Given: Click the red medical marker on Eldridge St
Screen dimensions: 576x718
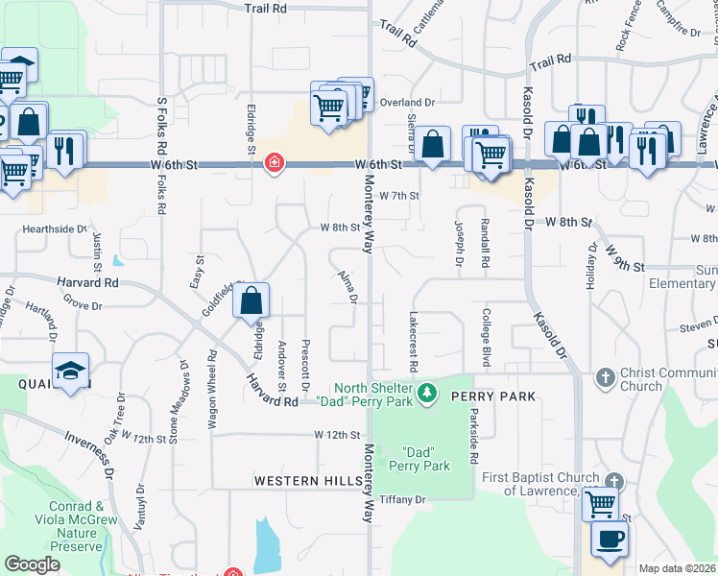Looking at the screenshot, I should coord(275,163).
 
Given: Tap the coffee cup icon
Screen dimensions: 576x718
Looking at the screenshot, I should coord(610,539).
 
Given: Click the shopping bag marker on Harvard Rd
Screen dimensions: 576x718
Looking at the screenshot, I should coord(251,300).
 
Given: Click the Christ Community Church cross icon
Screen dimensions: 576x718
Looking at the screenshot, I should coord(605,377).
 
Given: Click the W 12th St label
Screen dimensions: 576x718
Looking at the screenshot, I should coord(336,436).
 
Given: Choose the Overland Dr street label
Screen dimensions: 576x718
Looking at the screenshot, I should coord(408,102).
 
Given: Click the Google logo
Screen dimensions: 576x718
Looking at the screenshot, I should coord(32,564).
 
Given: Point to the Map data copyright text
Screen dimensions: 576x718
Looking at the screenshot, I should coord(677,568).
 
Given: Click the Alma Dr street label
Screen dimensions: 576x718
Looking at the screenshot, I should coord(346,286).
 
